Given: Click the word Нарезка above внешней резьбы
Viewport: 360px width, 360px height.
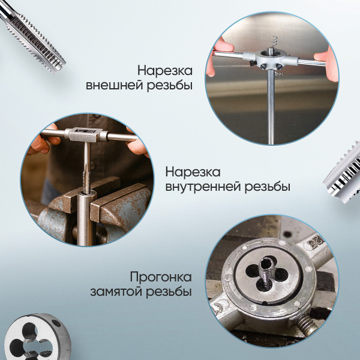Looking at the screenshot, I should click(x=164, y=70).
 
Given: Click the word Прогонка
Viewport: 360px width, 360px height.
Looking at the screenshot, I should click(x=161, y=277).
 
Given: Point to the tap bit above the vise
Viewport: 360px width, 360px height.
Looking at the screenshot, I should click(x=86, y=172).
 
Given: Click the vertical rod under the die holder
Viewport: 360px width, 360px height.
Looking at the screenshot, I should click(x=271, y=108).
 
